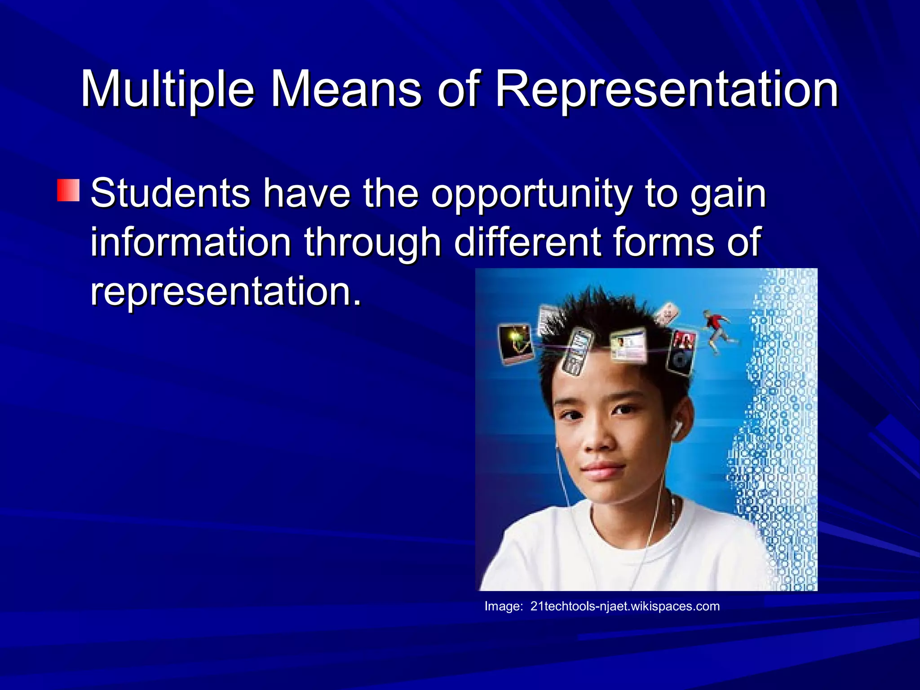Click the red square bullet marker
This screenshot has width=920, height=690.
coord(68,190)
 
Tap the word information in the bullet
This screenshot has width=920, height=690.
coord(191,243)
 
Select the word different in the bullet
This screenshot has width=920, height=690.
coord(527,243)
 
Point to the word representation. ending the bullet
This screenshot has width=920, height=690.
coord(226,291)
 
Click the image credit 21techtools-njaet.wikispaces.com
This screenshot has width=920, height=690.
coord(625,606)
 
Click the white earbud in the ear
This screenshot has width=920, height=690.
coord(677,429)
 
